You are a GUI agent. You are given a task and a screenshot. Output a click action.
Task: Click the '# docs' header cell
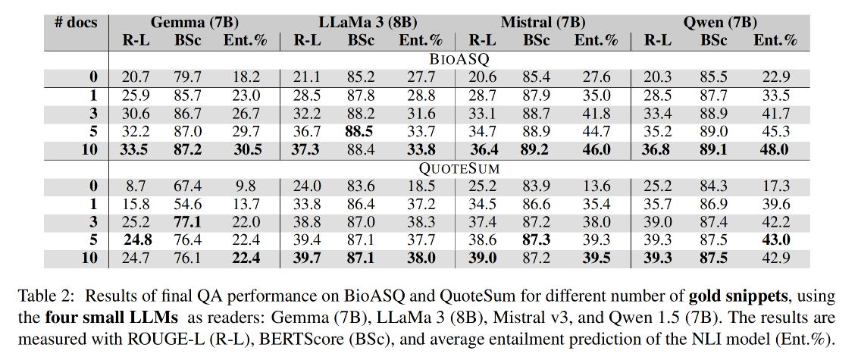(76, 22)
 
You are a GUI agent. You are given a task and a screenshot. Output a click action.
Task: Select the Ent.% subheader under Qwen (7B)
(775, 40)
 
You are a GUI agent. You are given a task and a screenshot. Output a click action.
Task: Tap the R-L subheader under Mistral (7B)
(482, 40)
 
